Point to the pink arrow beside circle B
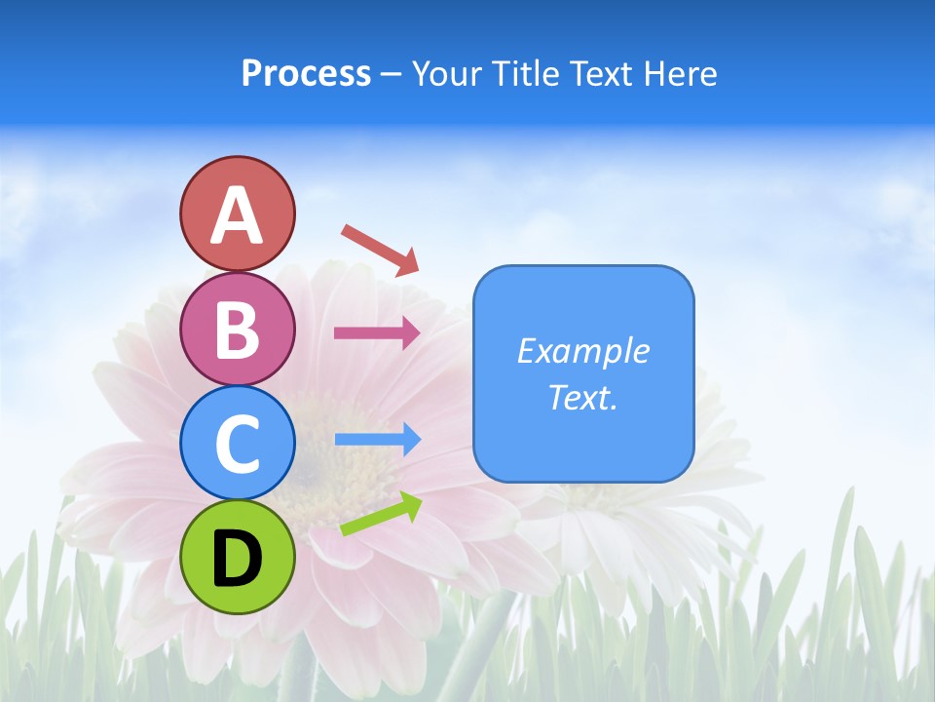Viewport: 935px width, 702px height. [377, 332]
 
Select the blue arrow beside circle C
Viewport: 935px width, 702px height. [377, 439]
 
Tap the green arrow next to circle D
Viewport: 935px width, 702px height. [381, 514]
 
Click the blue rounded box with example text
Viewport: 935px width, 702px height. [583, 373]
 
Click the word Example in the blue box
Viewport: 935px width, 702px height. [582, 351]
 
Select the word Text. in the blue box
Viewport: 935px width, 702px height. [582, 398]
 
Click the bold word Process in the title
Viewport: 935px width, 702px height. [306, 73]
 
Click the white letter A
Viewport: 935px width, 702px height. [237, 214]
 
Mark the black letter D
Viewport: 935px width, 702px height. [237, 559]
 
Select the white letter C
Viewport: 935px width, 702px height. [237, 444]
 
